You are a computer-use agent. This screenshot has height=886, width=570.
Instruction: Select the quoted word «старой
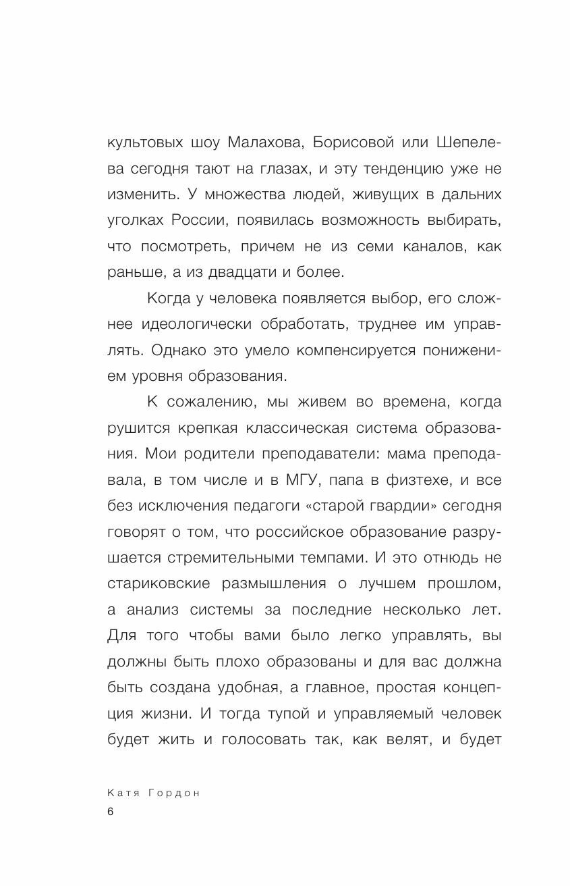[x=344, y=506]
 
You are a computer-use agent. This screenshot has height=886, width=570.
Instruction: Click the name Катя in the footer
[x=123, y=793]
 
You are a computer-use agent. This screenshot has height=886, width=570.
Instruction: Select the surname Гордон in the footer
[x=175, y=793]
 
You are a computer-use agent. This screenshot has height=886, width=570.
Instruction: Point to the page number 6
[x=111, y=813]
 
